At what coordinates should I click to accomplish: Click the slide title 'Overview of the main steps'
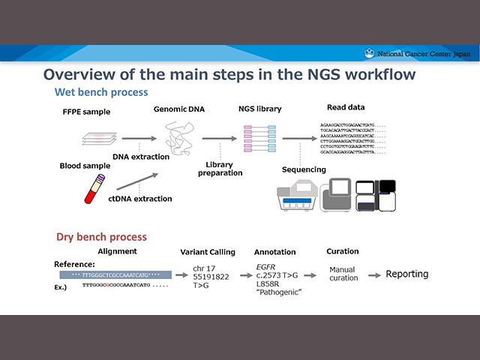pos(239,74)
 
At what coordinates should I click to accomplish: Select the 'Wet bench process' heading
pos(101,92)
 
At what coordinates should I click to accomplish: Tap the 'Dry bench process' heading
pos(101,236)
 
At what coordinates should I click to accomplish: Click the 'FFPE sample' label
pos(86,112)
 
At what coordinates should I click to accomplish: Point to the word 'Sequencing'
pos(304,170)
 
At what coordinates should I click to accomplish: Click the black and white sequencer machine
pos(376,196)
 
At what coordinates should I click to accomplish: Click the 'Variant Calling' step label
pos(208,252)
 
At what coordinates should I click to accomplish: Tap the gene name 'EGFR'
pos(267,265)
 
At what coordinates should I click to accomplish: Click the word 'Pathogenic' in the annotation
pos(278,293)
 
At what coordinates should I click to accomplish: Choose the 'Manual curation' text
pos(343,273)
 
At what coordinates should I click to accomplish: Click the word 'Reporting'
pos(407,274)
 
